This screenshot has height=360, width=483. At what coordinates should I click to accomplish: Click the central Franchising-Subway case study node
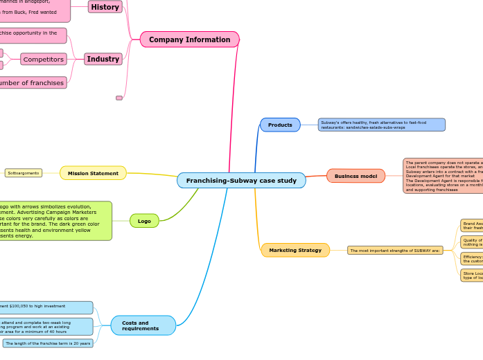[x=241, y=181]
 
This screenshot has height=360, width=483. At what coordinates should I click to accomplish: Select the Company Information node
[x=189, y=39]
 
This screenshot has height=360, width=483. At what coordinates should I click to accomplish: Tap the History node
[x=105, y=7]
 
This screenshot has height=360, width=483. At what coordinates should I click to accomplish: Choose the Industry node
[x=103, y=59]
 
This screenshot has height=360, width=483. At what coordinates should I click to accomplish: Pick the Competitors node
[x=44, y=60]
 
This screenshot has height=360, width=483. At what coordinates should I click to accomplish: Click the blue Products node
[x=280, y=125]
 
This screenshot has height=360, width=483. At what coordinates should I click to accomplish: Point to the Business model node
[x=355, y=176]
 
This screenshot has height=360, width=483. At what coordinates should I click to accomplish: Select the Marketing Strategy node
[x=295, y=250]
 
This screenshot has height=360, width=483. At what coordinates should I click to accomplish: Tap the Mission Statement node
[x=93, y=173]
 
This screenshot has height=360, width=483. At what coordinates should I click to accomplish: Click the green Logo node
[x=144, y=221]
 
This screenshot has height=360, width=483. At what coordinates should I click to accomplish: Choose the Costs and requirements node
[x=143, y=325]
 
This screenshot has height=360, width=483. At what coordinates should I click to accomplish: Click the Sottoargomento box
[x=23, y=173]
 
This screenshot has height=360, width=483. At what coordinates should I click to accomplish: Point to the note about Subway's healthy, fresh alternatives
[x=381, y=125]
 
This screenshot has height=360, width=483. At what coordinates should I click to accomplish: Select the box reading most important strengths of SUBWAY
[x=395, y=250]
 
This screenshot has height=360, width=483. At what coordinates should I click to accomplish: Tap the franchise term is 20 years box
[x=48, y=343]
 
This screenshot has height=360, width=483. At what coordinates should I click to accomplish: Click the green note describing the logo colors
[x=55, y=221]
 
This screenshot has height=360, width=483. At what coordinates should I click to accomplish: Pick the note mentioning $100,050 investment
[x=46, y=307]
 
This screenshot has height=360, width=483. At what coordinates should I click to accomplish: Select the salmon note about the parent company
[x=443, y=176]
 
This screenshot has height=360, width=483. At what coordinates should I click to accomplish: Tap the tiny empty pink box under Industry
[x=119, y=98]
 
